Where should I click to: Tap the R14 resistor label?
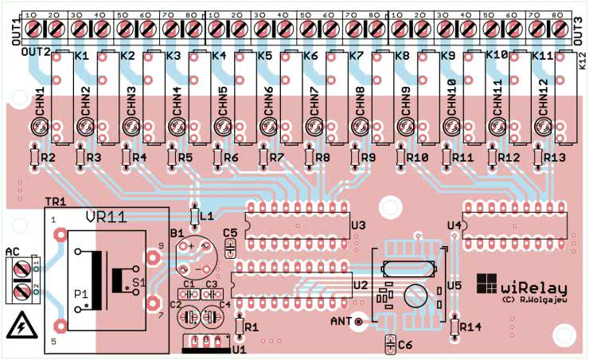point(471,327)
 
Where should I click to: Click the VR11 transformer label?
point(102,217)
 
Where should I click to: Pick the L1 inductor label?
point(207,216)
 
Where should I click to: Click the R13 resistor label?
point(555,158)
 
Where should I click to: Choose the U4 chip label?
point(454,226)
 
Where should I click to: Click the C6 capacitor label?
point(404,345)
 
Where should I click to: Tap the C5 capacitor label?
point(231,233)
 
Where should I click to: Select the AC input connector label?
point(12,252)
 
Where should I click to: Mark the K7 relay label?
point(356,57)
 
